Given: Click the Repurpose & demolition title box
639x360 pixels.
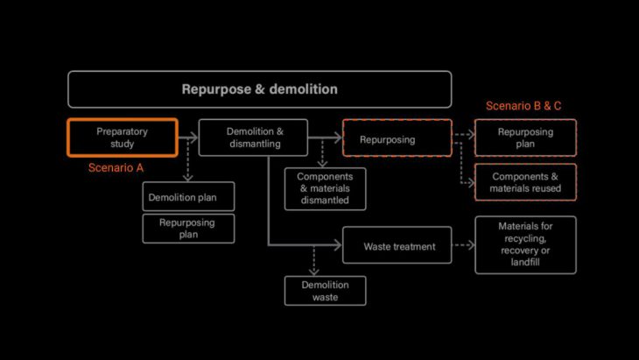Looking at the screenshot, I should pyautogui.click(x=259, y=89).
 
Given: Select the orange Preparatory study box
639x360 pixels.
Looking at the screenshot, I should pyautogui.click(x=123, y=138).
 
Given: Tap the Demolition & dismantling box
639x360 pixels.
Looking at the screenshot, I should pyautogui.click(x=253, y=138).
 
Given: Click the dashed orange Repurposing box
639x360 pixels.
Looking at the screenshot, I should pyautogui.click(x=397, y=138).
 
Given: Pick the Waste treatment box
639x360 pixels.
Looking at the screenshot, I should pyautogui.click(x=397, y=246).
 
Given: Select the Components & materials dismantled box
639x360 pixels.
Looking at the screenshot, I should pyautogui.click(x=325, y=188).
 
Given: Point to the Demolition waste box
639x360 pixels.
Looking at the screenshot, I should pyautogui.click(x=325, y=291).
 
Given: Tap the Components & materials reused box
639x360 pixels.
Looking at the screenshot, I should pyautogui.click(x=525, y=182).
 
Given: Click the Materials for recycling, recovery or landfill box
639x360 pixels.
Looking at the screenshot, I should pyautogui.click(x=525, y=244).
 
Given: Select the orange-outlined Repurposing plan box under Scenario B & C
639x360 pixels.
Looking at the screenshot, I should pyautogui.click(x=525, y=138).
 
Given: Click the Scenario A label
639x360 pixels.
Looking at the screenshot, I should pyautogui.click(x=116, y=167).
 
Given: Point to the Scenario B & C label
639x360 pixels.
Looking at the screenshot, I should pyautogui.click(x=523, y=106).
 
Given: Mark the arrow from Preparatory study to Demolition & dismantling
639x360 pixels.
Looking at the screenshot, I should pyautogui.click(x=188, y=138).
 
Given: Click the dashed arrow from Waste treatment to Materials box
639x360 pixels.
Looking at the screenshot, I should pyautogui.click(x=463, y=246).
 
